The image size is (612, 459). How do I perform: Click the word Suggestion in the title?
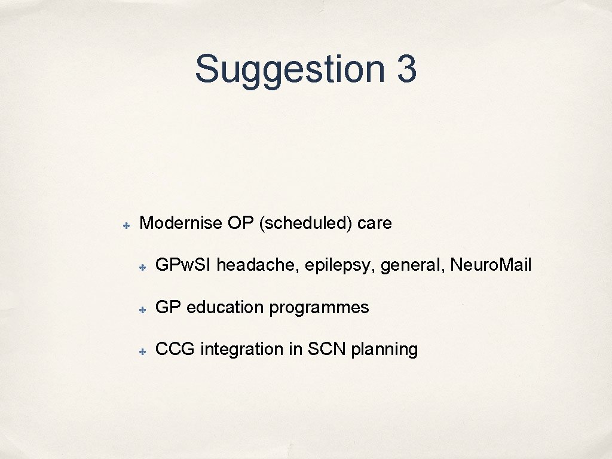coord(289,69)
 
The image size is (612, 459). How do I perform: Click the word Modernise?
coord(181,224)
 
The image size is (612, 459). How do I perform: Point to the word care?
coord(375,224)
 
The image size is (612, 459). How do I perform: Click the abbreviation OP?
coord(241,224)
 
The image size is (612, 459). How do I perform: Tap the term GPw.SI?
coord(183,265)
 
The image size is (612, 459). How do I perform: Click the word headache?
coord(258,265)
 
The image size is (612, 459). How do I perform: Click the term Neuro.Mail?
coord(491,265)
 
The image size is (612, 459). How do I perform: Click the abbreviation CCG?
coord(175,349)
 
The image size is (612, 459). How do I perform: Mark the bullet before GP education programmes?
coord(143,309)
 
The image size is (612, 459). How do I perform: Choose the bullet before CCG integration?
coord(143,351)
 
